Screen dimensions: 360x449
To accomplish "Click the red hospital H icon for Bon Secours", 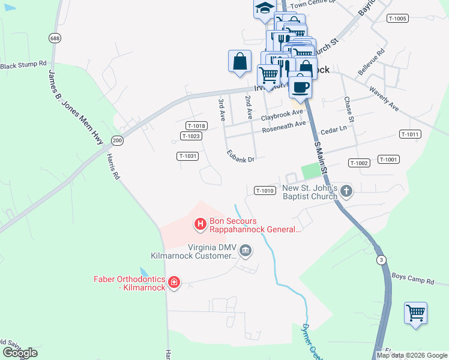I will click(x=200, y=224).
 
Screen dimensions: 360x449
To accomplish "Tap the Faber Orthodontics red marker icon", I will click(x=174, y=282).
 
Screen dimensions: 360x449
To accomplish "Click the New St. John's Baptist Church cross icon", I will click(x=346, y=191).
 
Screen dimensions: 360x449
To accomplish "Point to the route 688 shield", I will click(x=55, y=38).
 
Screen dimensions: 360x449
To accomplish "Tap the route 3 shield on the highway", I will click(x=381, y=259).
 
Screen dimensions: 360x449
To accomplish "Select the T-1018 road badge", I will click(x=196, y=126).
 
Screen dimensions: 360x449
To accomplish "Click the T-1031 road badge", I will click(x=188, y=156).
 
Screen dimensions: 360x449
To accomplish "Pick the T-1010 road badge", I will click(x=265, y=191).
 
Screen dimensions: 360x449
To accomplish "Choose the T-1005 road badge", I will click(x=397, y=19).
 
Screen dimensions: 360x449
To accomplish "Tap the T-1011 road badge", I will click(x=409, y=134).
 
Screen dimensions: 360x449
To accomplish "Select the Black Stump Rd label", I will click(x=23, y=64).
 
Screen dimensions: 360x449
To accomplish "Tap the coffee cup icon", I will click(x=300, y=86).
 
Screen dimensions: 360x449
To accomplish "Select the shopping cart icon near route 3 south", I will click(x=415, y=313).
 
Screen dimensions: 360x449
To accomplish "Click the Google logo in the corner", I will click(x=19, y=353).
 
